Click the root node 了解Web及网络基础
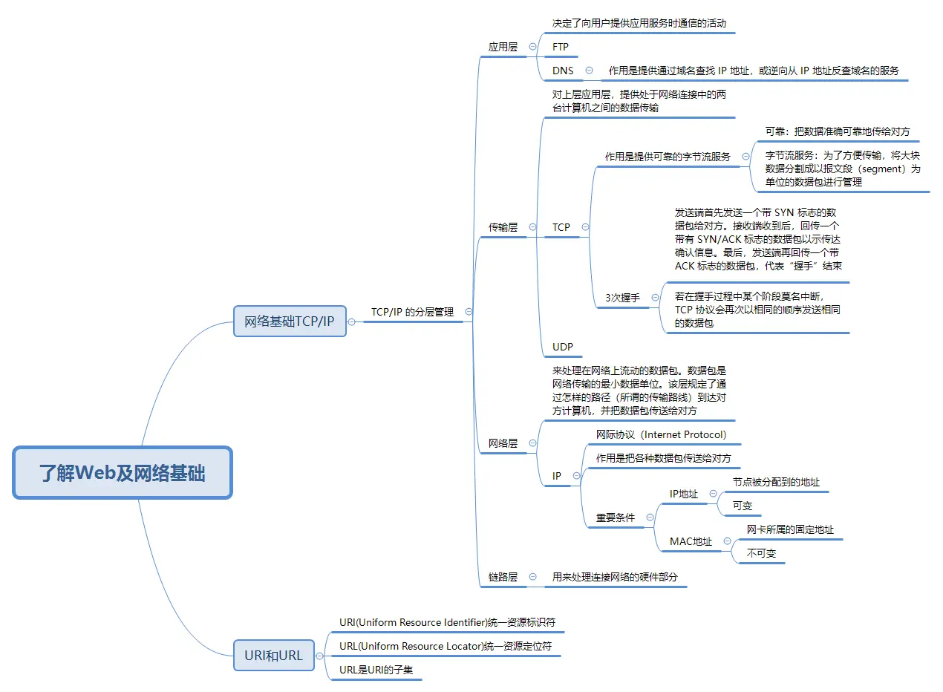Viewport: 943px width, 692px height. pyautogui.click(x=123, y=473)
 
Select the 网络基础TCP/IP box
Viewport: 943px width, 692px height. pyautogui.click(x=290, y=321)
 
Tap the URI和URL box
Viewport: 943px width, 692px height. pyautogui.click(x=273, y=656)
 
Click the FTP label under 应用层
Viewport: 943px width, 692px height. pyautogui.click(x=561, y=47)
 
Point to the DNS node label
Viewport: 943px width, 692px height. pyautogui.click(x=563, y=71)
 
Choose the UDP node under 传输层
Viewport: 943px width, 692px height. pyautogui.click(x=563, y=347)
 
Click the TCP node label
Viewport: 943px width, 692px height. pyautogui.click(x=561, y=227)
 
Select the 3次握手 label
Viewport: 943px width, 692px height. pyautogui.click(x=622, y=298)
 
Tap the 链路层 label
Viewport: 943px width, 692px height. pyautogui.click(x=503, y=577)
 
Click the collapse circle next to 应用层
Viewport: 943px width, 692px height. pyautogui.click(x=532, y=46)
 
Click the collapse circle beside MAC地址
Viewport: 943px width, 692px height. pyautogui.click(x=727, y=541)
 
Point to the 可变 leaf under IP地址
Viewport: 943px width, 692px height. pyautogui.click(x=743, y=506)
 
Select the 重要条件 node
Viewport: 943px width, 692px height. pyautogui.click(x=616, y=518)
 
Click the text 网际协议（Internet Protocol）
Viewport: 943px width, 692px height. pyautogui.click(x=662, y=434)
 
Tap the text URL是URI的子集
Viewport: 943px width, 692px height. pyautogui.click(x=376, y=670)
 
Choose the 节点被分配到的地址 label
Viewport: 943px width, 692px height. pyautogui.click(x=776, y=482)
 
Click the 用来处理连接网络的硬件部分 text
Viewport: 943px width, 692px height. pyautogui.click(x=615, y=577)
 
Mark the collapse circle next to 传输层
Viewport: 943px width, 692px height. pyautogui.click(x=532, y=226)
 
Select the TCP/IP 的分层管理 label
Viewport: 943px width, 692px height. pyautogui.click(x=412, y=313)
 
